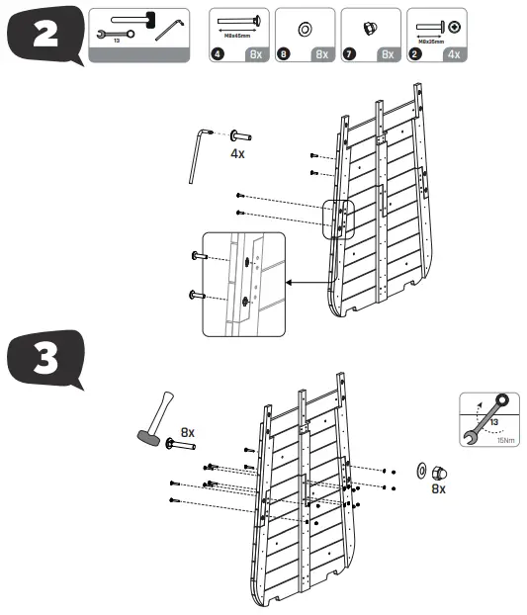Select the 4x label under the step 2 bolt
coord(238,154)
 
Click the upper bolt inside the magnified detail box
coord(198,257)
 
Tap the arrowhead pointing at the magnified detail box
coord(289,283)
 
